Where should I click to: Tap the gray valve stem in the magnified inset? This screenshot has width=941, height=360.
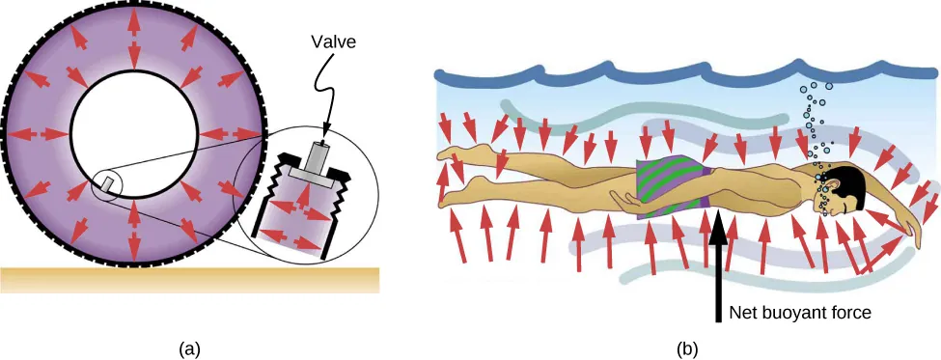point(319,158)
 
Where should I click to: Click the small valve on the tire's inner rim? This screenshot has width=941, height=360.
point(107,180)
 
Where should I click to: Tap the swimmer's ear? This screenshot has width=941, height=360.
point(839,193)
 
